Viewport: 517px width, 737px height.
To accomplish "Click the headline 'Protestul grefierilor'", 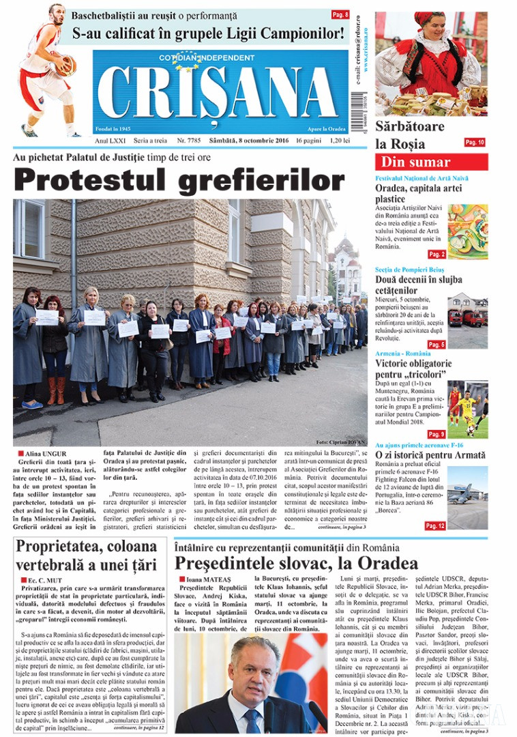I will tap(179, 180).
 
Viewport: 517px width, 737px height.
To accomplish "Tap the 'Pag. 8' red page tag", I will tap(340, 14).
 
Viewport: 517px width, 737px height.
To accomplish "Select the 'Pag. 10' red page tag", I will tap(474, 142).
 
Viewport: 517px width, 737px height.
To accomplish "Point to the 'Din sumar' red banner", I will tap(431, 162).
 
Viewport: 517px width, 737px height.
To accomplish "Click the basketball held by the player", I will tap(65, 66).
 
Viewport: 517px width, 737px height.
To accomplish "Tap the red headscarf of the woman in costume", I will tap(430, 19).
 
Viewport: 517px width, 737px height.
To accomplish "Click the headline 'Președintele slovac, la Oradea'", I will tap(296, 563).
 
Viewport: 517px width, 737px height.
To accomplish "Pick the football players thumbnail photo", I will tap(467, 408).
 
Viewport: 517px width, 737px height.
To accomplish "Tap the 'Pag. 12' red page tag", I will tap(434, 526).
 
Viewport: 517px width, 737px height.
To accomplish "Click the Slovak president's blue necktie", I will tap(252, 720).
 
